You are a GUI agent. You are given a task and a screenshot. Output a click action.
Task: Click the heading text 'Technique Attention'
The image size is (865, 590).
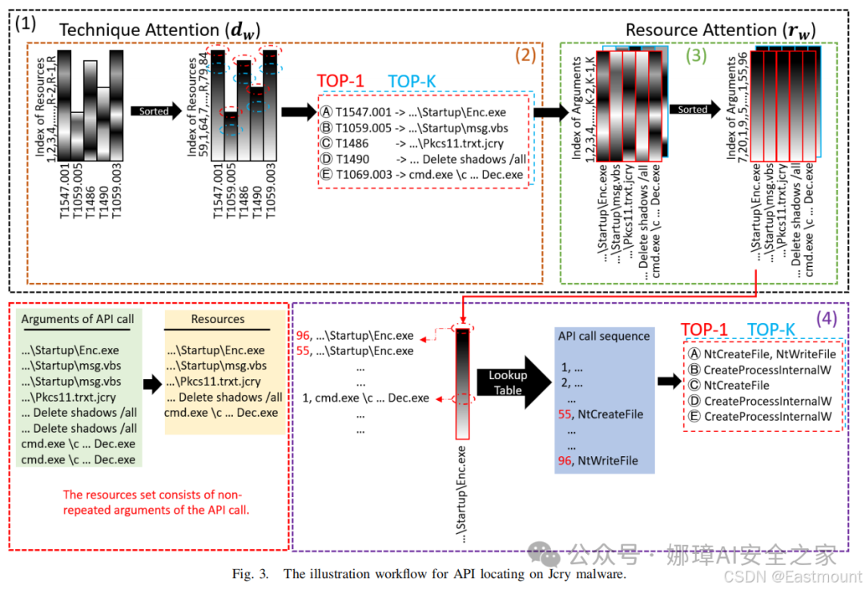(x=139, y=30)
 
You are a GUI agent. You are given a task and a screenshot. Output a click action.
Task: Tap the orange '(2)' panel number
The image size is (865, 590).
(x=525, y=55)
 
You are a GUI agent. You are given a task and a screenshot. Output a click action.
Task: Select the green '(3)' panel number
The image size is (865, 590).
(x=696, y=55)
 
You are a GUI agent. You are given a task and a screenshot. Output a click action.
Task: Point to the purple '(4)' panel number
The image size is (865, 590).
(x=827, y=318)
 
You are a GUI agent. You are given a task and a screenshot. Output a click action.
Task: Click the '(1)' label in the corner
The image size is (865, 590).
(x=26, y=24)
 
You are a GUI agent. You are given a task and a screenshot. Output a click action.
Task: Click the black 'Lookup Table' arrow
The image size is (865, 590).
(x=514, y=382)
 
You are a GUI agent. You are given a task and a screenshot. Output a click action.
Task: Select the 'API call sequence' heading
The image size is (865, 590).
(x=604, y=336)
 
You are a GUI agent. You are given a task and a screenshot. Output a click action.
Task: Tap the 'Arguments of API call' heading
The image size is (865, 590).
(x=77, y=319)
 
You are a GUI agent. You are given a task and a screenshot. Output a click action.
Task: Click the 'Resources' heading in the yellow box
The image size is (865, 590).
(x=217, y=319)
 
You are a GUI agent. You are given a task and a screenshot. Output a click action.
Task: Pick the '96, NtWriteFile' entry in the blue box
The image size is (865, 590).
(x=597, y=460)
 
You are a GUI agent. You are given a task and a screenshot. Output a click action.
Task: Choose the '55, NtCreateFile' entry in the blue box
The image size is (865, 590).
(x=600, y=414)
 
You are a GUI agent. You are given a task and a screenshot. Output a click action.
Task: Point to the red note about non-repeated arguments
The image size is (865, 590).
(x=155, y=503)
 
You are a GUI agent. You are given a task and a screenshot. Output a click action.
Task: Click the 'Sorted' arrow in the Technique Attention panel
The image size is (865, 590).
(x=156, y=111)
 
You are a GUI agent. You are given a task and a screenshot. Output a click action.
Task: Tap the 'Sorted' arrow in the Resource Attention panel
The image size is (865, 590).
(x=694, y=109)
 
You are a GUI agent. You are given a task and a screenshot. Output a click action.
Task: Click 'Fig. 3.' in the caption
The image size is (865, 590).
(x=250, y=574)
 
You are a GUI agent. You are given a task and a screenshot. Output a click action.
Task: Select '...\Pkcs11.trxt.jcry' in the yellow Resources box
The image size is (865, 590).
(x=214, y=382)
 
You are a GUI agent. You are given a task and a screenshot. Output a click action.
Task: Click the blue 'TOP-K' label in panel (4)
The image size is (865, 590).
(x=770, y=329)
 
